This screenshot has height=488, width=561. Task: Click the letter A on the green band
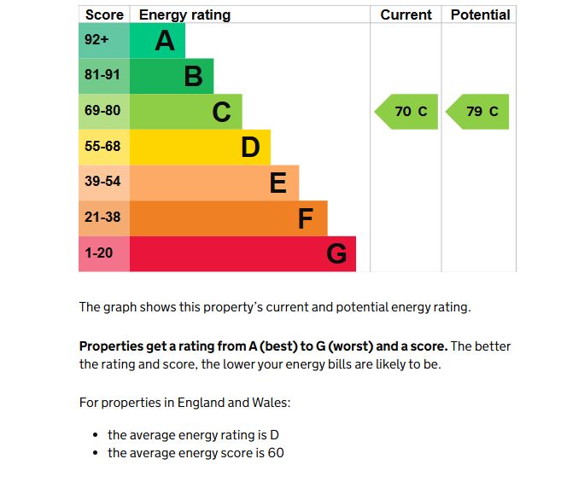(165, 41)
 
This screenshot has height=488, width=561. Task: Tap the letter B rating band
(193, 77)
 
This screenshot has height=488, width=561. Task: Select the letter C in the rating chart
(221, 112)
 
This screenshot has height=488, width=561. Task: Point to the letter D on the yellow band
(249, 148)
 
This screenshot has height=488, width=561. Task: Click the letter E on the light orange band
(278, 183)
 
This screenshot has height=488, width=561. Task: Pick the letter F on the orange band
(306, 218)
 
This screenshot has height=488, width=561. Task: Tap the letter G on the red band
(336, 254)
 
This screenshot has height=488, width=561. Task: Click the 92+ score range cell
(97, 40)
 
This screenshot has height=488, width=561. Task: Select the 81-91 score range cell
(102, 75)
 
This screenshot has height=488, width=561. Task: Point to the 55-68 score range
(102, 147)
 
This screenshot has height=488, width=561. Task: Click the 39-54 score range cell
(102, 182)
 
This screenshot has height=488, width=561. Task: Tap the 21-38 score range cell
(102, 218)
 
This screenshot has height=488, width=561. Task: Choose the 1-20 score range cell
(99, 253)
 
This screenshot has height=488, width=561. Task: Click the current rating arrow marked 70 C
(407, 112)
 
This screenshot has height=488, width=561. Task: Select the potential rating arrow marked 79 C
(479, 112)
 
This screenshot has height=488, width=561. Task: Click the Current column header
(406, 15)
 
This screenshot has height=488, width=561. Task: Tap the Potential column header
(480, 15)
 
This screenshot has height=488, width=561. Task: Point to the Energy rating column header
(184, 15)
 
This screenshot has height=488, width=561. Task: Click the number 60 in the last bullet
(276, 453)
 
